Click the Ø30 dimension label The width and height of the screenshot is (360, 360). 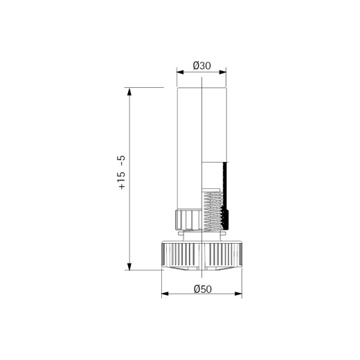pos(201,66)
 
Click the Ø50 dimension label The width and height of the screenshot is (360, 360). pos(203,289)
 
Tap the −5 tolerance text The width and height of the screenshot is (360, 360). pos(121,161)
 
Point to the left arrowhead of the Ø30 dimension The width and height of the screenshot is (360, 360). pos(180,72)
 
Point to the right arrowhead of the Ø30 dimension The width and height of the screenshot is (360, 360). pos(223,72)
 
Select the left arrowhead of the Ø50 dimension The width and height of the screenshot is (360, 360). pos(165,294)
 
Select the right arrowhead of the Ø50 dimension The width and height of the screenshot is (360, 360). pos(238,294)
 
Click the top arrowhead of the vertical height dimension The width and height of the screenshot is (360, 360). pos(129,91)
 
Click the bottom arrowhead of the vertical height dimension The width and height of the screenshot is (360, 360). pos(129,267)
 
